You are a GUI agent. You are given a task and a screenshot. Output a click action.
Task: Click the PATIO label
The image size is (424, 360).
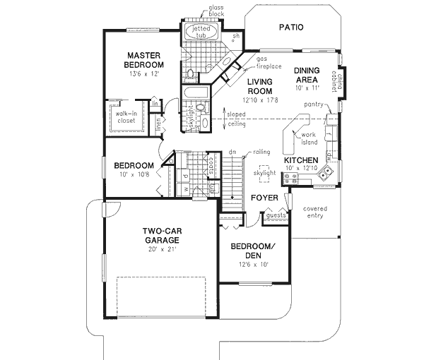pyautogui.click(x=290, y=28)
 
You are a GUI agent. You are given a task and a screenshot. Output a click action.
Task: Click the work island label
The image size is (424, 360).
pyautogui.click(x=309, y=138)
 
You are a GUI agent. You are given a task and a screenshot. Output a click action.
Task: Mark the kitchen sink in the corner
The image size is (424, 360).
pyautogui.click(x=326, y=172)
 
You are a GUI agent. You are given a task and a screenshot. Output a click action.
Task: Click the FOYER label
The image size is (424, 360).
pyautogui.click(x=264, y=198)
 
